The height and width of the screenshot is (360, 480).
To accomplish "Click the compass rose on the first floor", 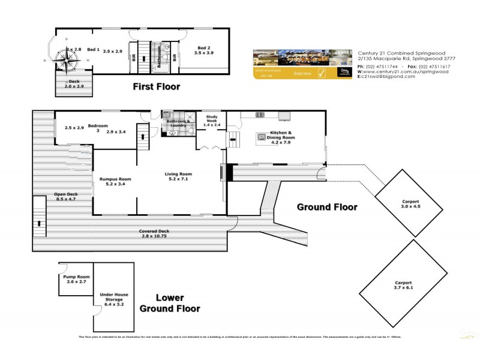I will click(67, 58).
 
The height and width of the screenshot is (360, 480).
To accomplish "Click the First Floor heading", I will click(156, 87).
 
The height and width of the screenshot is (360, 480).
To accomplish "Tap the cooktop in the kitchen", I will click(260, 115).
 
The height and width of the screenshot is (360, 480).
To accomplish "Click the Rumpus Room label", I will click(112, 181).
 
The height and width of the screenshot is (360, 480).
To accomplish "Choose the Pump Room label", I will click(76, 278).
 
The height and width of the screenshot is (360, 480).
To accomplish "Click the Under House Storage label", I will click(114, 299).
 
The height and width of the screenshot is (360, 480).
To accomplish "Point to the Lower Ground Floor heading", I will click(169, 303).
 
